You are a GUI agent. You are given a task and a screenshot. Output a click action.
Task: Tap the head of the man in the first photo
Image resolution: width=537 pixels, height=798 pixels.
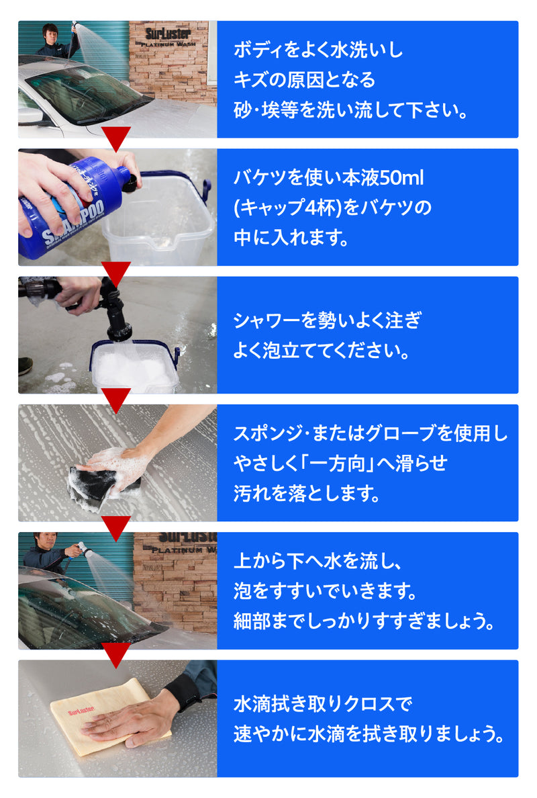point(50,32)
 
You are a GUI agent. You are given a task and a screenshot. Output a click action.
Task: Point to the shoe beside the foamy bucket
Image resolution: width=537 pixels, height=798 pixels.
point(25,365)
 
